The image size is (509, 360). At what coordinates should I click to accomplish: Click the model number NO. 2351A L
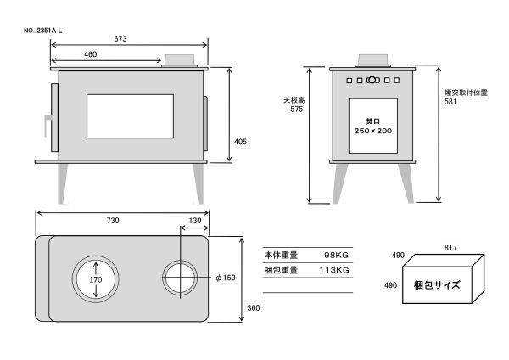pyautogui.click(x=43, y=31)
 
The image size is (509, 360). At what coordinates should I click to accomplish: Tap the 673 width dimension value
pyautogui.click(x=120, y=39)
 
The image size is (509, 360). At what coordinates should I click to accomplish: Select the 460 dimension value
pyautogui.click(x=90, y=54)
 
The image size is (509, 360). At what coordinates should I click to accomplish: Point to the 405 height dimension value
pyautogui.click(x=240, y=142)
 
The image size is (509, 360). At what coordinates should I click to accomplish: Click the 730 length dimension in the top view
pyautogui.click(x=113, y=221)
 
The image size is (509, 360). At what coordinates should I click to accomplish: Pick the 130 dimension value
pyautogui.click(x=195, y=221)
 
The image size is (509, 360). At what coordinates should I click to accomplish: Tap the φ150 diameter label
pyautogui.click(x=226, y=278)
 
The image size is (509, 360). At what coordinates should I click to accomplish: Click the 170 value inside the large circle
pyautogui.click(x=95, y=279)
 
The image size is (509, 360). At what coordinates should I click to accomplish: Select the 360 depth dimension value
pyautogui.click(x=253, y=307)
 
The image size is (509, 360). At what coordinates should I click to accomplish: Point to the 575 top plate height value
pyautogui.click(x=297, y=110)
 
